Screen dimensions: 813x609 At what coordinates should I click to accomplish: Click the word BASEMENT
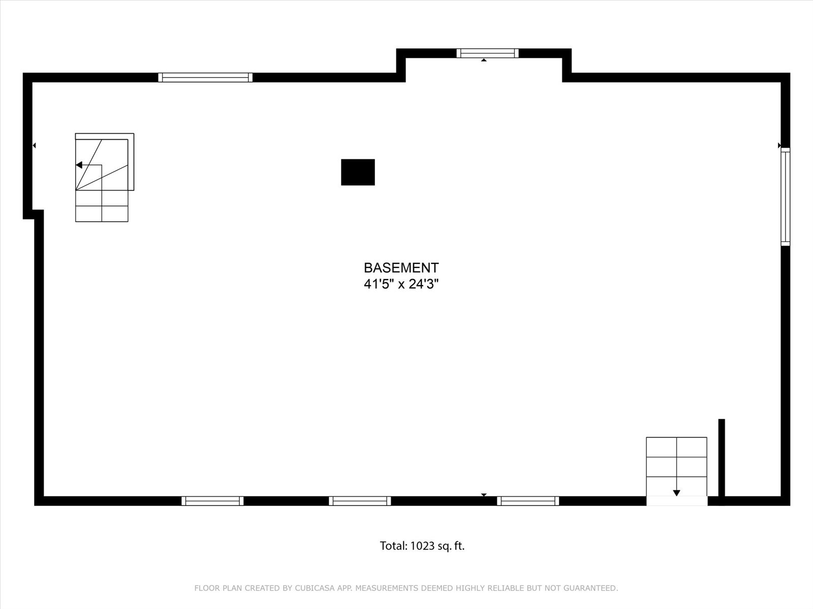(401, 268)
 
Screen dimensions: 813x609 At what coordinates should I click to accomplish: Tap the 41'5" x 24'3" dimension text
(401, 284)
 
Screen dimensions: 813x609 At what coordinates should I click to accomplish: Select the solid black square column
(358, 173)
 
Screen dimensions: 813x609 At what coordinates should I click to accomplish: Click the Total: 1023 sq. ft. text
(422, 546)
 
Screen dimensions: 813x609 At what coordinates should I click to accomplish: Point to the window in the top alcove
(487, 53)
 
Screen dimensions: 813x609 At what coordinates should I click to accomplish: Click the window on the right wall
(786, 197)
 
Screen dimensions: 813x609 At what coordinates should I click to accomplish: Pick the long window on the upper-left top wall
(205, 77)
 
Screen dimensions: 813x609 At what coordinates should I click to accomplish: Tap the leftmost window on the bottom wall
(212, 501)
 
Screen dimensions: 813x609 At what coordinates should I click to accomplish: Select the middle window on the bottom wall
(360, 501)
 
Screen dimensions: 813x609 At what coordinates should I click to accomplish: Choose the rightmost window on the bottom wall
(528, 501)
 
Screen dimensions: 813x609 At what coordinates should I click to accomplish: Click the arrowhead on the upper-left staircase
(79, 165)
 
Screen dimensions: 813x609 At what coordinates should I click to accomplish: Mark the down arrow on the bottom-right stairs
(677, 493)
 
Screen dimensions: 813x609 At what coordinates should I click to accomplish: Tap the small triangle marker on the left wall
(34, 146)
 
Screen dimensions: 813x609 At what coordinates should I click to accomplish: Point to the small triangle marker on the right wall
(779, 146)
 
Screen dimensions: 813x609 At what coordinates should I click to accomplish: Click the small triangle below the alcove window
(484, 60)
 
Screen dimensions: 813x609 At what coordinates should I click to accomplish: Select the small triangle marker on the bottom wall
(484, 495)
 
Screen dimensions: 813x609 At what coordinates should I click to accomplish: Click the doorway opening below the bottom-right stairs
(677, 501)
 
